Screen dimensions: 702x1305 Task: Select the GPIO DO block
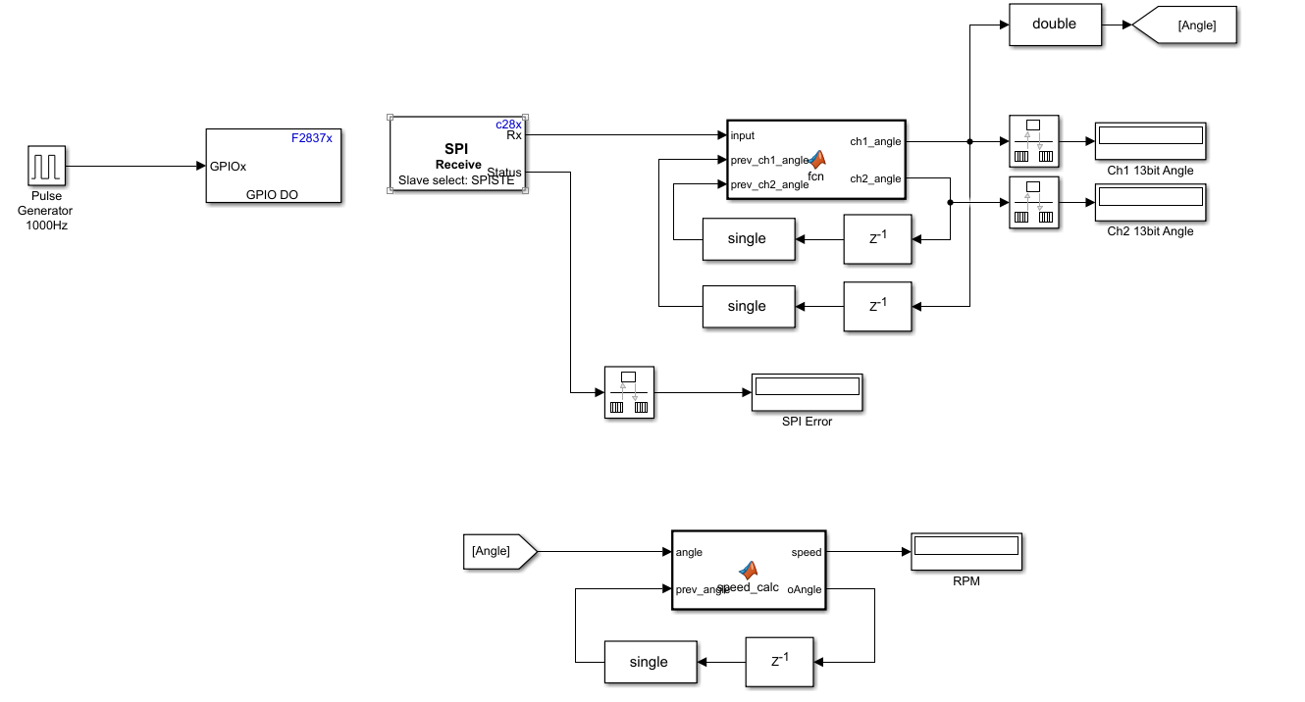tap(273, 166)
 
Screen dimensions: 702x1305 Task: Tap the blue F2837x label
tap(312, 138)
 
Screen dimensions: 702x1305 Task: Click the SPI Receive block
tap(458, 155)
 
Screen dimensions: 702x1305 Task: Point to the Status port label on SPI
tap(504, 173)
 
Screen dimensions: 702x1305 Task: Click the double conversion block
tap(1054, 25)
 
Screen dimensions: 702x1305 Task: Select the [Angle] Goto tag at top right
tap(1187, 25)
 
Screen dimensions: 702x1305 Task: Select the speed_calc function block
tap(749, 571)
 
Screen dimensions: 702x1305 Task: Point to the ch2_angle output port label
tap(875, 178)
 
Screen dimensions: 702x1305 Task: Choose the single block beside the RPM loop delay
tap(649, 662)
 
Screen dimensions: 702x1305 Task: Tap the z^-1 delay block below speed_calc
tap(779, 661)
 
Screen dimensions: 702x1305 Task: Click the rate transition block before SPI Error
tap(629, 392)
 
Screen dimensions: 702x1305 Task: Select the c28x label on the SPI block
tap(508, 125)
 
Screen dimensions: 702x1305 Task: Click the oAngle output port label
tap(805, 589)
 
